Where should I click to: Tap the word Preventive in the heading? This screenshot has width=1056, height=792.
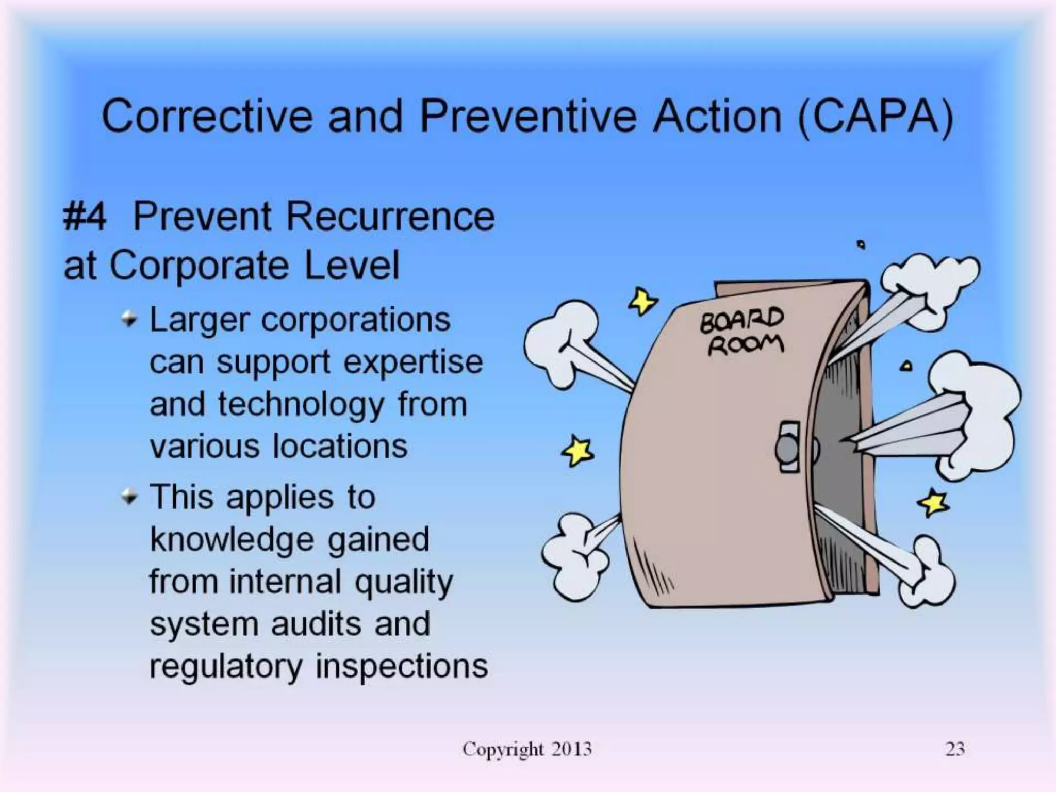pos(528,117)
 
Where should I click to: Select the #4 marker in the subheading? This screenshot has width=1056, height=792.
pos(85,217)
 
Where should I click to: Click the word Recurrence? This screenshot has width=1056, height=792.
pos(390,216)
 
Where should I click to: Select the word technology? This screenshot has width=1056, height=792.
pos(301,405)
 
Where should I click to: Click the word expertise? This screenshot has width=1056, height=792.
pos(413,362)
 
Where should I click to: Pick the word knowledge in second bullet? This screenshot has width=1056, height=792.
pos(232,540)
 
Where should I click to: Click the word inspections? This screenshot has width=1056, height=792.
pos(401,666)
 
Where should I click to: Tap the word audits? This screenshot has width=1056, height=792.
pos(316,624)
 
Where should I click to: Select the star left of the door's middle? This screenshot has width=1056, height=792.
pos(577,451)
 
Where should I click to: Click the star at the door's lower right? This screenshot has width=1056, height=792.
pos(933,503)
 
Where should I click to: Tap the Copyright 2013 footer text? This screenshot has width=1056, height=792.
pos(527,749)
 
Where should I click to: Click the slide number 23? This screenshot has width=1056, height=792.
pos(954,749)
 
